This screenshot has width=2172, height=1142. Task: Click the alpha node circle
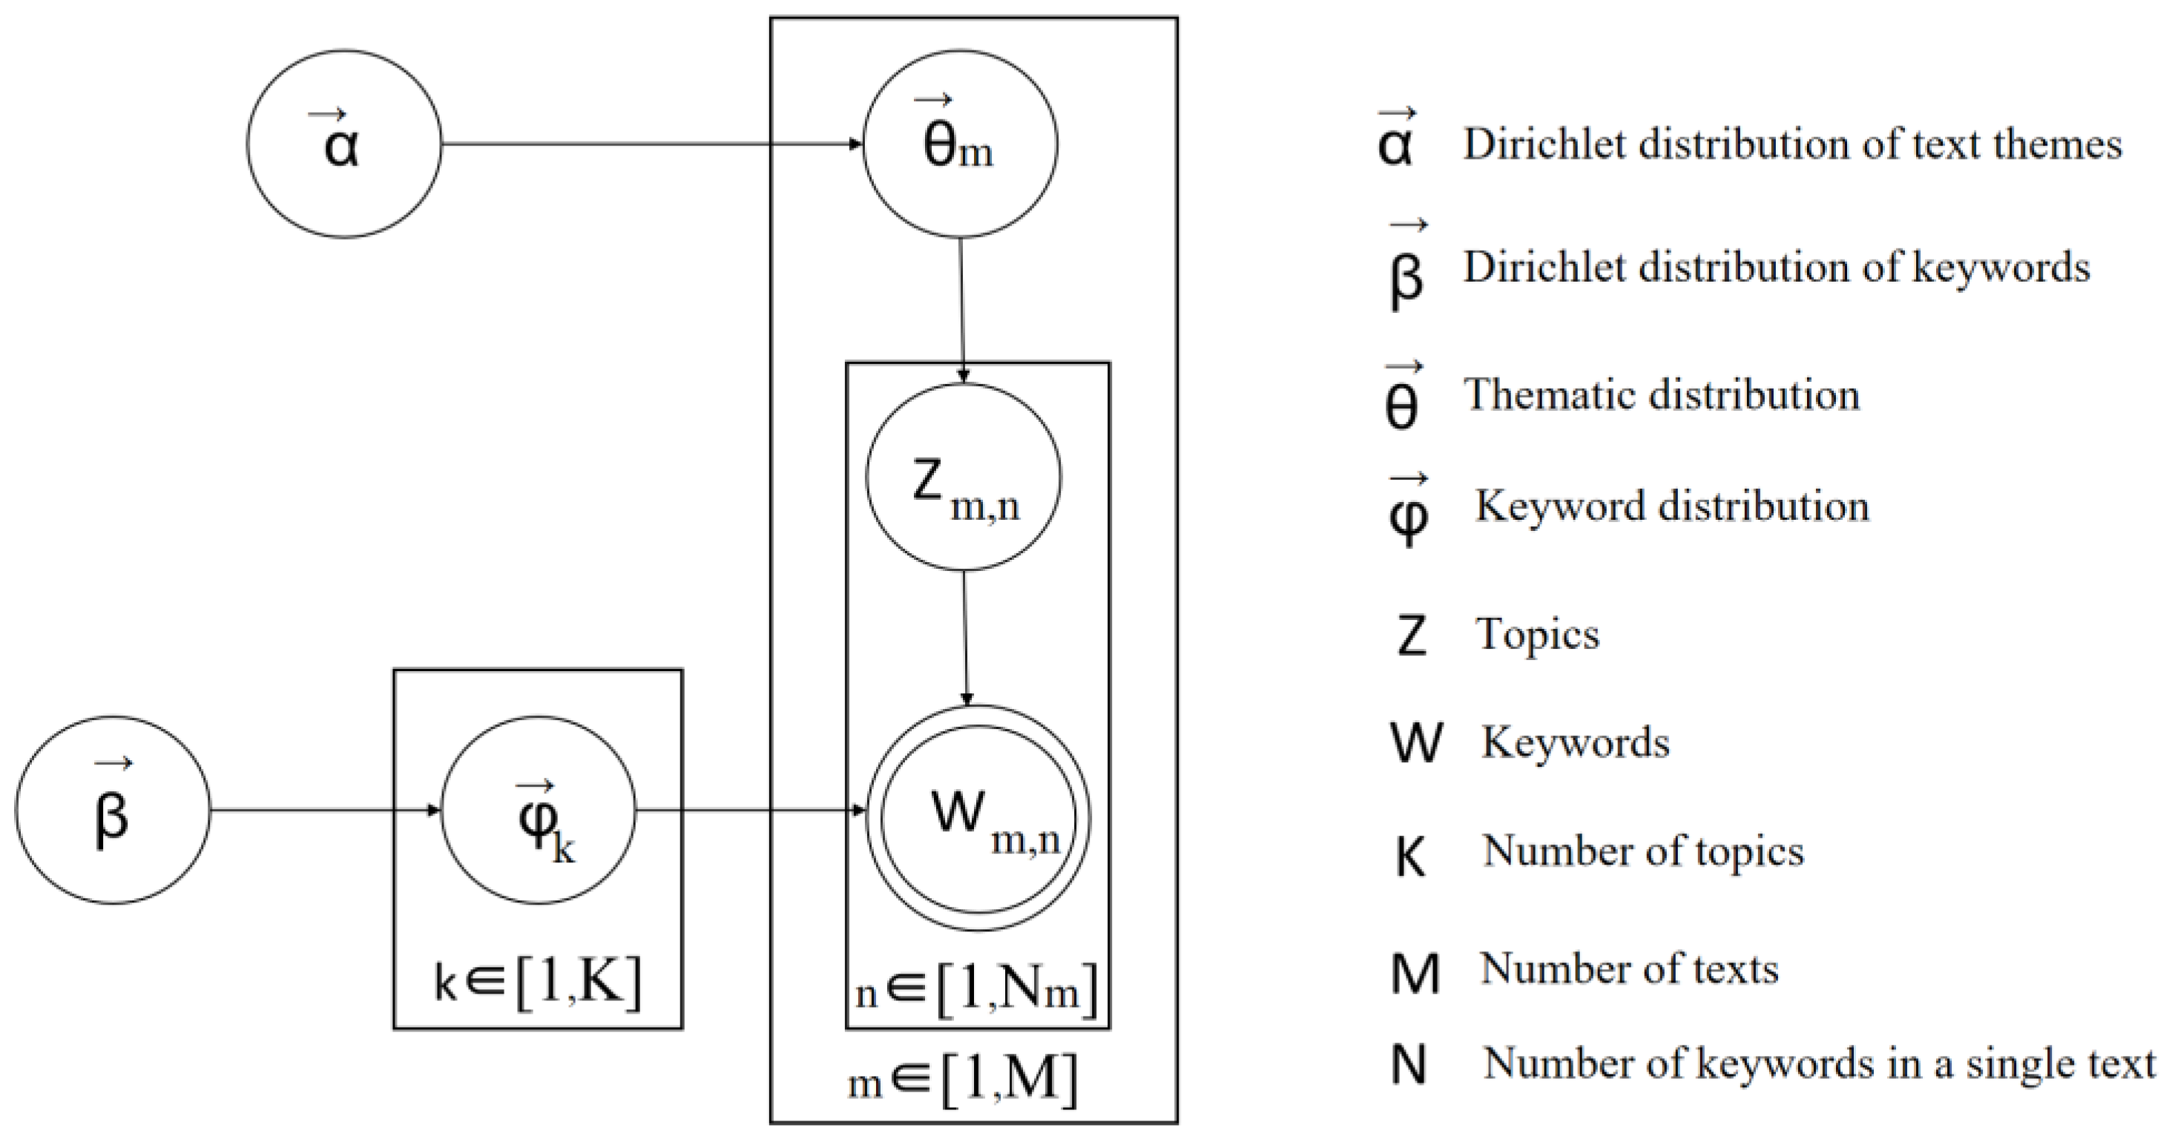pyautogui.click(x=344, y=144)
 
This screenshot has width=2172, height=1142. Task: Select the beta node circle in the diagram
pyautogui.click(x=113, y=810)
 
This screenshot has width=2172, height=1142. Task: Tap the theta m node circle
pyautogui.click(x=960, y=144)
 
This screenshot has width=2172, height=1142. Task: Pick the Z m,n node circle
pyautogui.click(x=963, y=478)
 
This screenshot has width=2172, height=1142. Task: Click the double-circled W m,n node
pyautogui.click(x=978, y=817)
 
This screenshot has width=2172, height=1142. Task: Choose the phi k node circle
pyautogui.click(x=539, y=810)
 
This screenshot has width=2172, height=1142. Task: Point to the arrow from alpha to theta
pyautogui.click(x=649, y=144)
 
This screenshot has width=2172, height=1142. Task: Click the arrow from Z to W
pyautogui.click(x=965, y=638)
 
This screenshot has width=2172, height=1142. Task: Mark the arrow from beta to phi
pyautogui.click(x=325, y=811)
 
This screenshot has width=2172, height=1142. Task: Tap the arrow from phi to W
pyautogui.click(x=751, y=811)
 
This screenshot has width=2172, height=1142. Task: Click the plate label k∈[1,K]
pyautogui.click(x=538, y=983)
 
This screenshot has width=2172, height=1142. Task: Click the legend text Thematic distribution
pyautogui.click(x=1661, y=395)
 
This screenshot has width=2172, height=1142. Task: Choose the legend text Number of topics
pyautogui.click(x=1642, y=851)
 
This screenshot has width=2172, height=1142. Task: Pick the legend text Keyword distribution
pyautogui.click(x=1671, y=506)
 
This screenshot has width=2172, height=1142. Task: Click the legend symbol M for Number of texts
pyautogui.click(x=1415, y=973)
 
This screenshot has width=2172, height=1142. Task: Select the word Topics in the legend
pyautogui.click(x=1536, y=634)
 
